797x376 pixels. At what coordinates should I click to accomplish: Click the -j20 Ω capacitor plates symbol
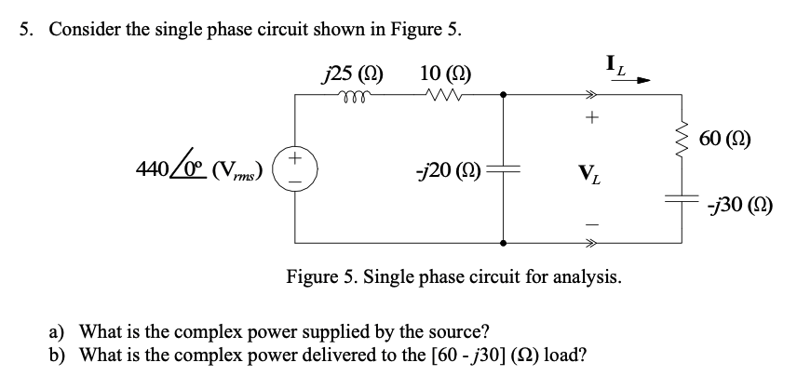point(504,168)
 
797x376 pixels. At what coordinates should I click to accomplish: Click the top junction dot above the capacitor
point(504,94)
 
